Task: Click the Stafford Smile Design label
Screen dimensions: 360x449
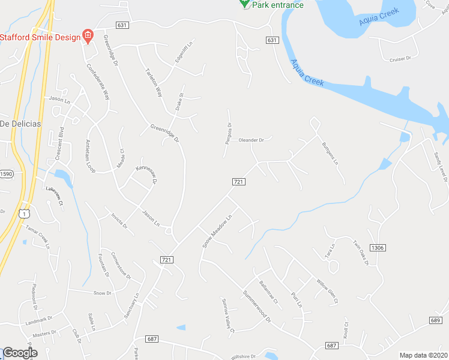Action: click(40, 37)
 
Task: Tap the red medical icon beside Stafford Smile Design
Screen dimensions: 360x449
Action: click(88, 37)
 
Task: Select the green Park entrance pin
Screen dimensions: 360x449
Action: click(244, 3)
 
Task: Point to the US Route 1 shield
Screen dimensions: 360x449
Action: click(23, 213)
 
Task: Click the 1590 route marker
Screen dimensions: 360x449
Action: click(6, 173)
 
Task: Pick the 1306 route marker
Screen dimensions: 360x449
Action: click(378, 248)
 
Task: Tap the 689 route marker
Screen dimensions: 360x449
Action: click(436, 321)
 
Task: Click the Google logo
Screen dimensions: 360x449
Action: click(19, 353)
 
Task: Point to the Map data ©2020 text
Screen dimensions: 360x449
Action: click(423, 355)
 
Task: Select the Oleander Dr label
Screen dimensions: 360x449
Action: click(252, 140)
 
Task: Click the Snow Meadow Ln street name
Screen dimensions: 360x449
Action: click(217, 231)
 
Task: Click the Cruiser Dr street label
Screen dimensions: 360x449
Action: click(400, 59)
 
